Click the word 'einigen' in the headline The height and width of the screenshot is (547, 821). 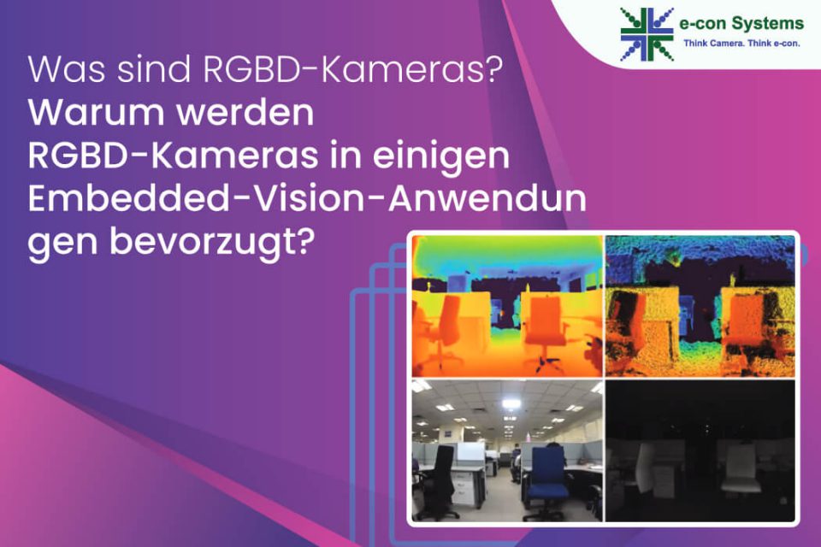441,156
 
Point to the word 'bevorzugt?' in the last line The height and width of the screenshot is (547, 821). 213,243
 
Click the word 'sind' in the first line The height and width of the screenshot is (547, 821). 154,68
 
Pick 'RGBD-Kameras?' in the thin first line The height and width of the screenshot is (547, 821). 349,68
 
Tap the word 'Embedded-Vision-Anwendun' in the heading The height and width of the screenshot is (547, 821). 307,199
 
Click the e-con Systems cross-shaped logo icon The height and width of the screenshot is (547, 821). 647,34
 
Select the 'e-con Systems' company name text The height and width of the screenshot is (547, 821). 741,24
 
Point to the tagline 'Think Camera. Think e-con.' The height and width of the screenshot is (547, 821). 741,44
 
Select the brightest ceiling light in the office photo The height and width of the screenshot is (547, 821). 511,403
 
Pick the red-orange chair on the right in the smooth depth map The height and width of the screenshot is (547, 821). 545,325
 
